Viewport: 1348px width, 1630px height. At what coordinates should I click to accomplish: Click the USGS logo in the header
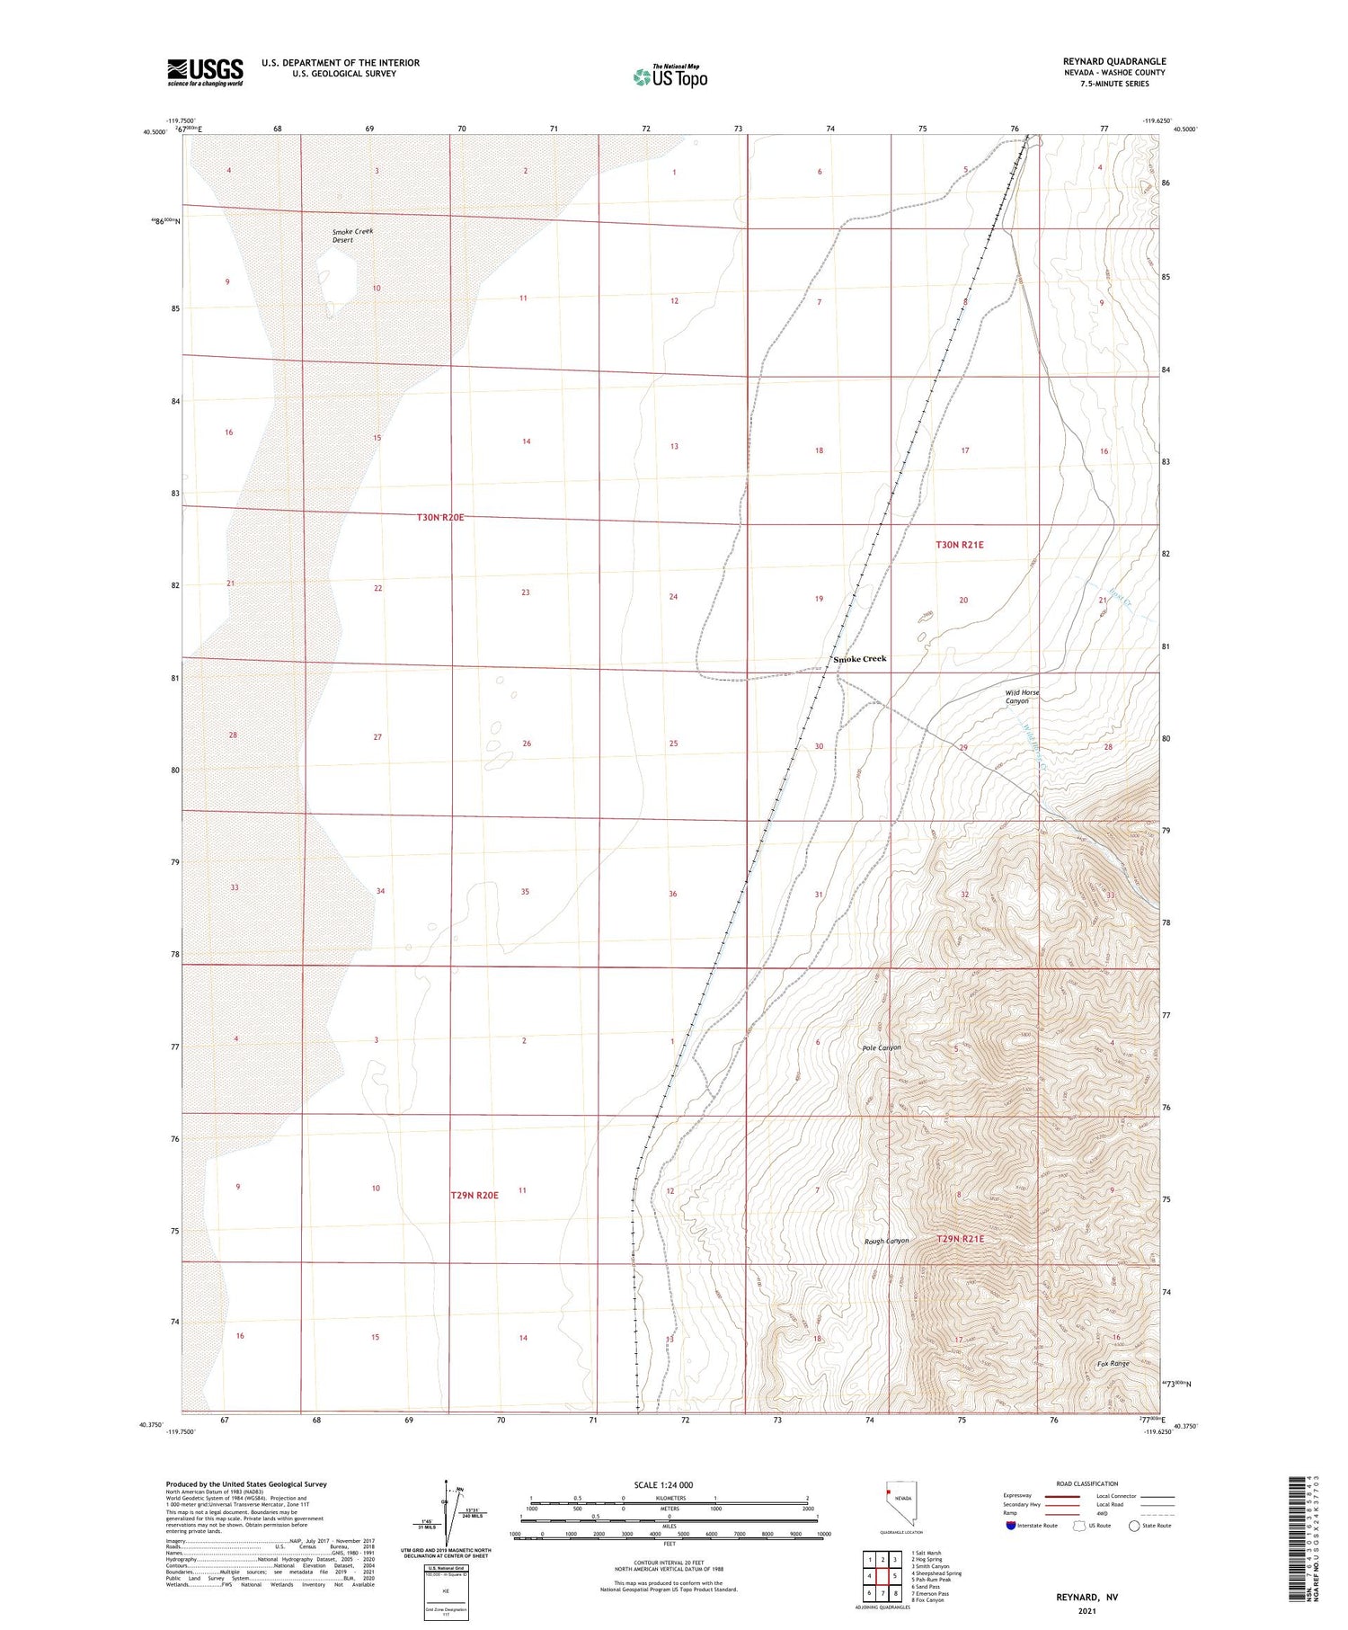click(x=205, y=72)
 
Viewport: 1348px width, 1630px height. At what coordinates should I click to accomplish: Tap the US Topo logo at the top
click(x=670, y=77)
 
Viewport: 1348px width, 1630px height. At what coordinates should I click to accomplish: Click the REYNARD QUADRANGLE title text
click(x=1113, y=61)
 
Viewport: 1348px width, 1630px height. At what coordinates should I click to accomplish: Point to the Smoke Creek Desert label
click(x=352, y=236)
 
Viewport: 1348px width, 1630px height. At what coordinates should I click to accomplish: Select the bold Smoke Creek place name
click(x=859, y=659)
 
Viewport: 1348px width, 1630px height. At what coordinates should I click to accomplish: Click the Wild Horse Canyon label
click(x=1022, y=697)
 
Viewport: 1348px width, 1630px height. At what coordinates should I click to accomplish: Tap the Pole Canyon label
click(x=881, y=1047)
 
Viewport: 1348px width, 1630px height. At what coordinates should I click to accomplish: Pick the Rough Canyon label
click(x=886, y=1241)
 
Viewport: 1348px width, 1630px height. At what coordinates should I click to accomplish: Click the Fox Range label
click(x=1113, y=1364)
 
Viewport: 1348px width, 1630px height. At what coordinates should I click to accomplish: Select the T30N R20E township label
click(x=440, y=518)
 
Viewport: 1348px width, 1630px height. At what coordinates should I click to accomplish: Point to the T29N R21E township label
click(x=961, y=1239)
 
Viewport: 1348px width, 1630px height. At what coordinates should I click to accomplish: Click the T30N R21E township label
click(x=960, y=545)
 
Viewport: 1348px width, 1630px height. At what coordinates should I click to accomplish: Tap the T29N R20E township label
click(x=474, y=1196)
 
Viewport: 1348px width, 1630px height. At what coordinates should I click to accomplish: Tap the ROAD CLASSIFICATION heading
click(x=1086, y=1483)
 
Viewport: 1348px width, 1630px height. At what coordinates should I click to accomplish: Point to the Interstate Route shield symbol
click(x=1011, y=1526)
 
